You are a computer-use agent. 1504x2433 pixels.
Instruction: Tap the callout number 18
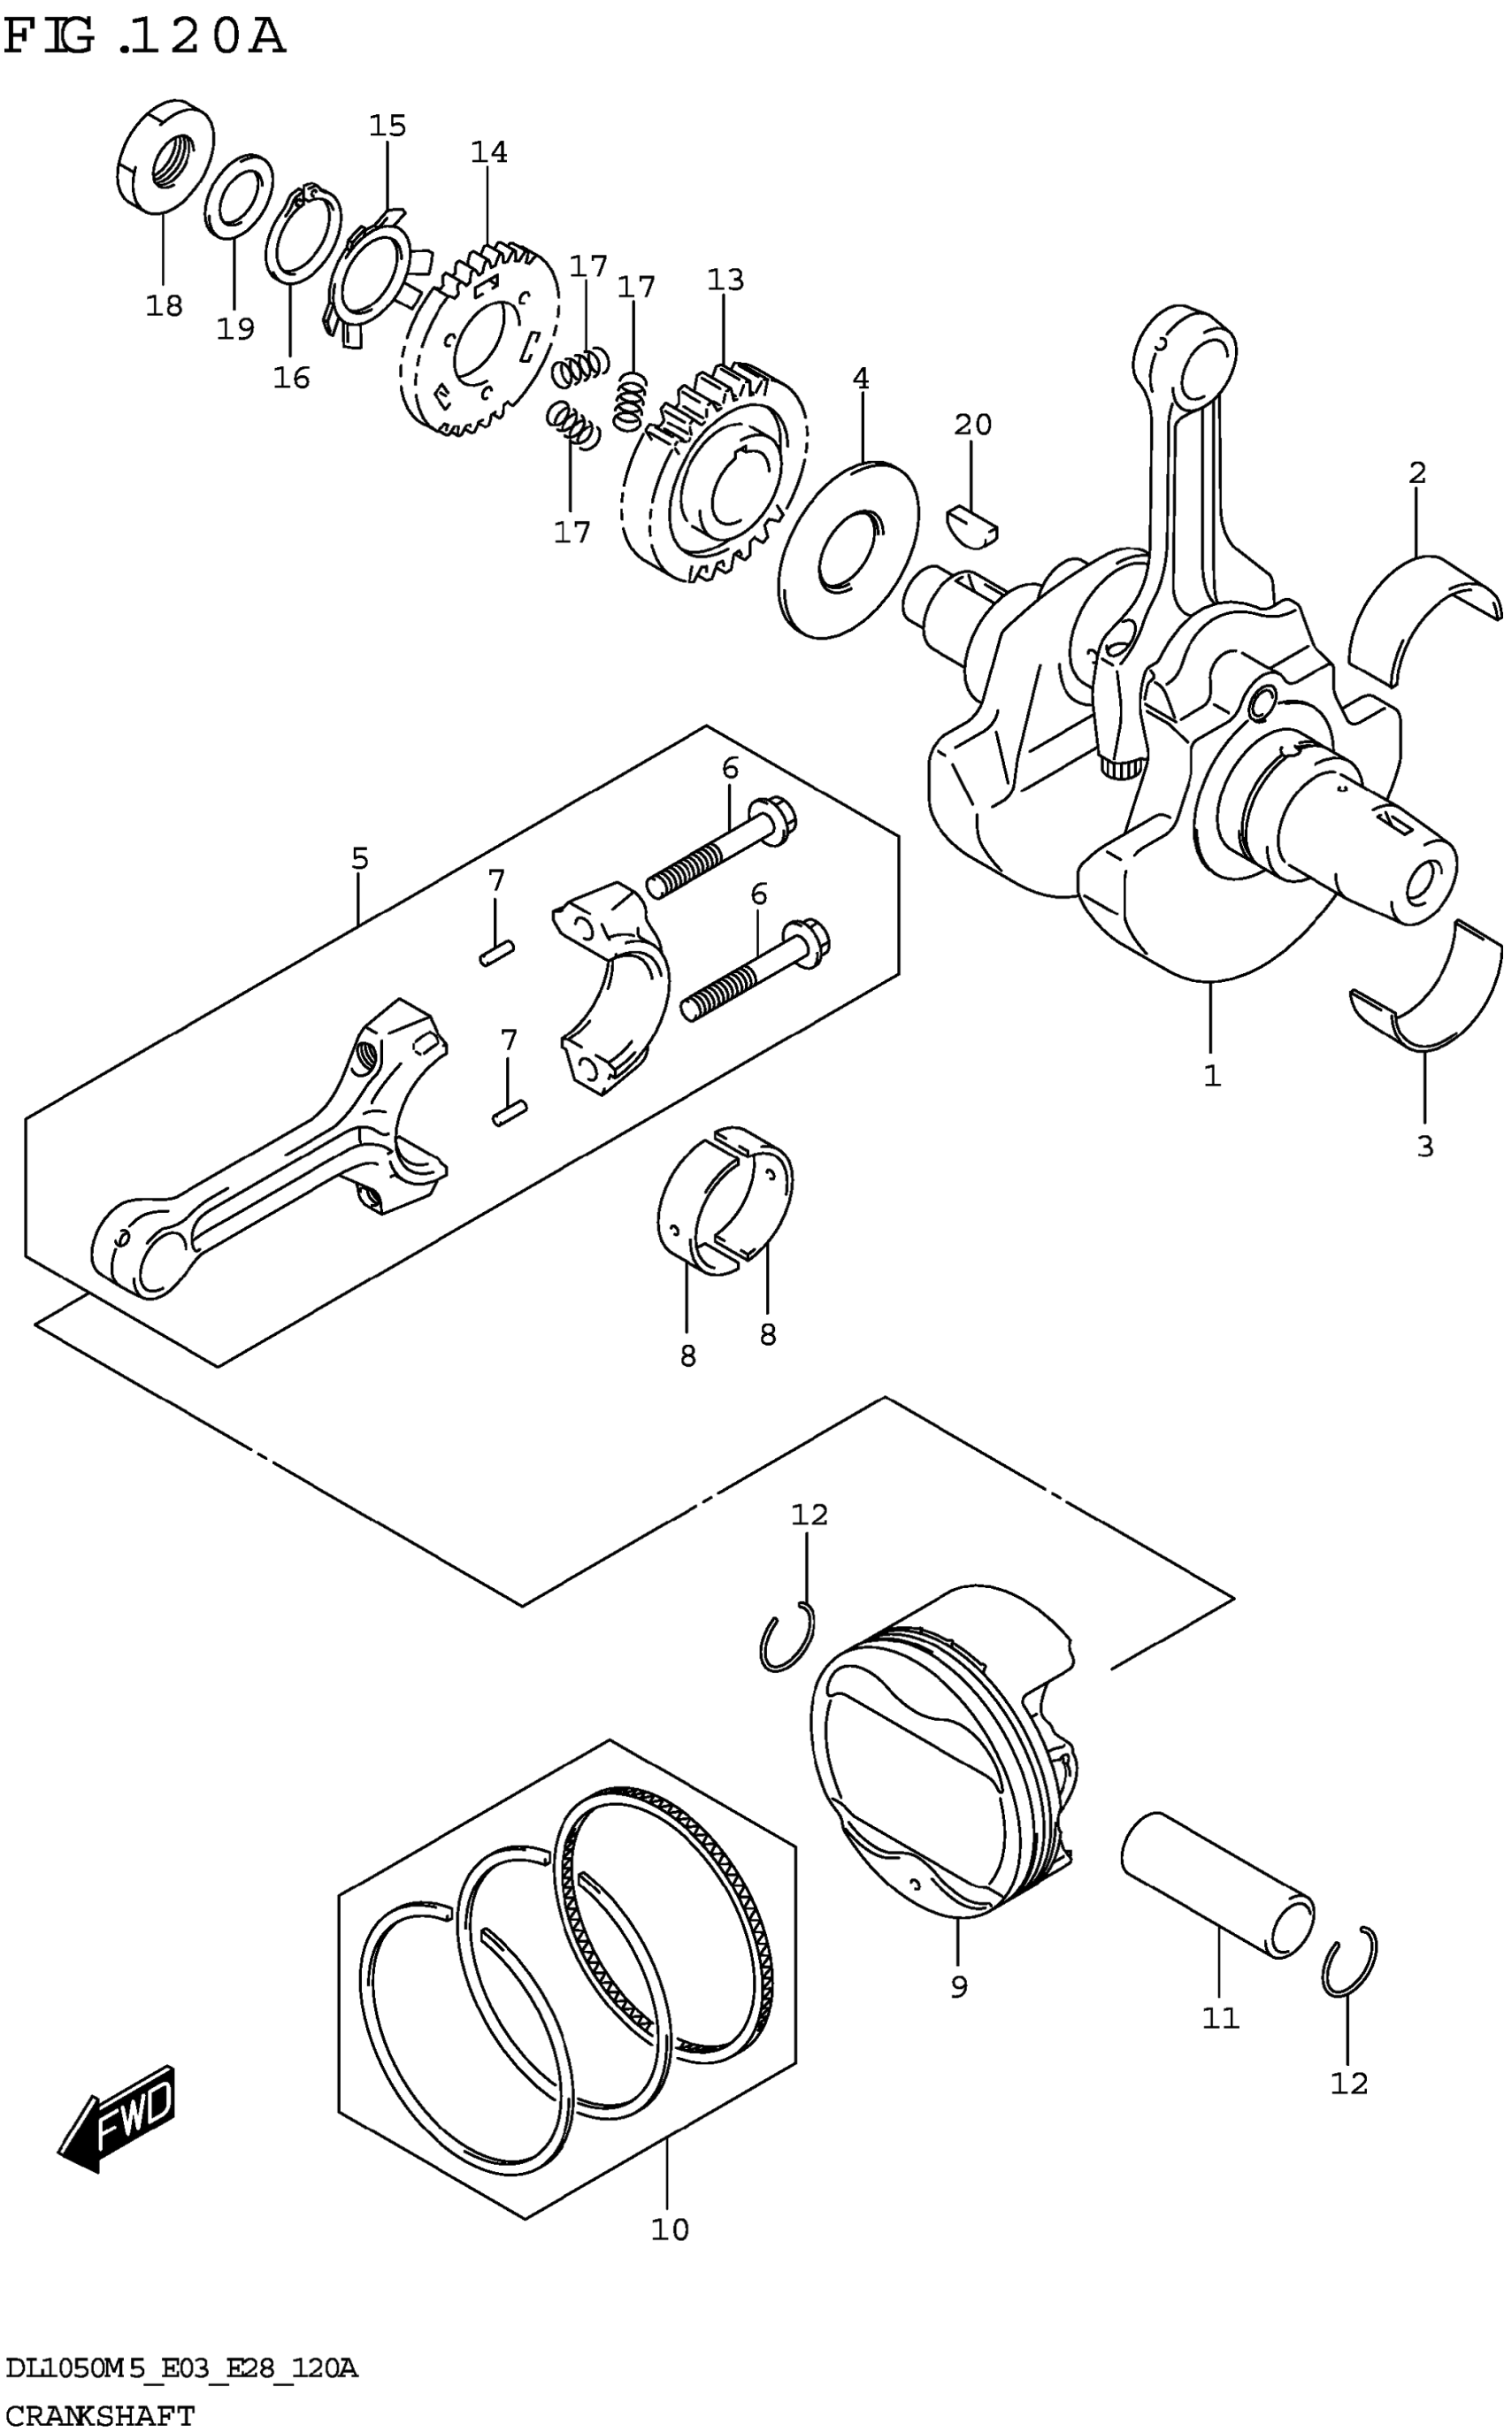(x=165, y=305)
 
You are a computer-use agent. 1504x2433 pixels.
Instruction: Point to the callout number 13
(x=725, y=280)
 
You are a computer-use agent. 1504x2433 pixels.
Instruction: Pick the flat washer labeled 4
(x=848, y=549)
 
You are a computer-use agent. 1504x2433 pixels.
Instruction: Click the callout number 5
(x=359, y=857)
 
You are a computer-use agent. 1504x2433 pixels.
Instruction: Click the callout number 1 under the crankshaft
(x=1211, y=1075)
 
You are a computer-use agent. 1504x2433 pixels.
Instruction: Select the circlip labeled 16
(x=303, y=237)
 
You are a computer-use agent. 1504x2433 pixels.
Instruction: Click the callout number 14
(x=488, y=152)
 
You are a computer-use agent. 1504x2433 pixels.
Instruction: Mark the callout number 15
(x=388, y=126)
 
